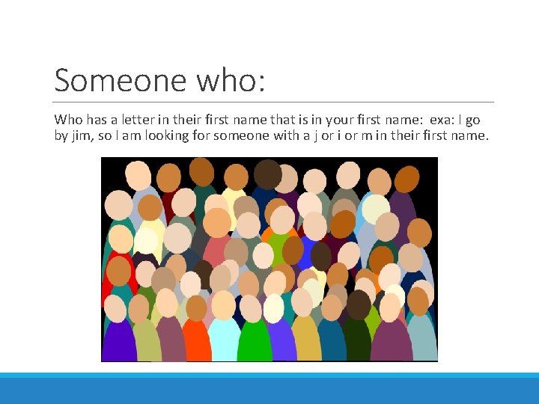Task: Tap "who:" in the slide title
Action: coord(236,80)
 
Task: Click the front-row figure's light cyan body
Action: coord(224,340)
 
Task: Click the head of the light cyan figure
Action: coord(223,304)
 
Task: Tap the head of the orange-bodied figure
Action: coord(196,307)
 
